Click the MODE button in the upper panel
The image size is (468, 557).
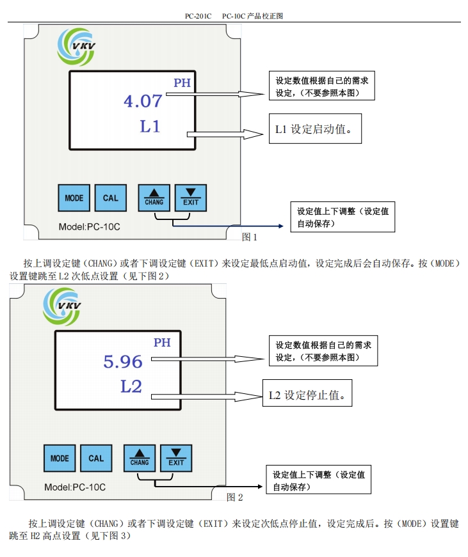click(74, 198)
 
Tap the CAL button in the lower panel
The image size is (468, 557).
click(96, 459)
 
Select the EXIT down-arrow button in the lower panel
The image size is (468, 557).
click(176, 459)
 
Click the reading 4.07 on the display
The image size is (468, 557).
click(143, 101)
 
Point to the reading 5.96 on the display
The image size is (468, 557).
click(123, 362)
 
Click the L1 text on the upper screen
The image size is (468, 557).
click(150, 126)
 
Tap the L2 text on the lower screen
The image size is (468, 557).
click(131, 386)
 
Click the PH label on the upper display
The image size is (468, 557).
click(182, 82)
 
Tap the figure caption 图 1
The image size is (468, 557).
click(250, 237)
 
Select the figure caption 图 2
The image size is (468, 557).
click(235, 497)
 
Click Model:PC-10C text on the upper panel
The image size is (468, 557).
click(89, 227)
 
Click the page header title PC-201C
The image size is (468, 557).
click(198, 16)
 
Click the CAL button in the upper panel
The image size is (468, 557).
click(111, 198)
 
